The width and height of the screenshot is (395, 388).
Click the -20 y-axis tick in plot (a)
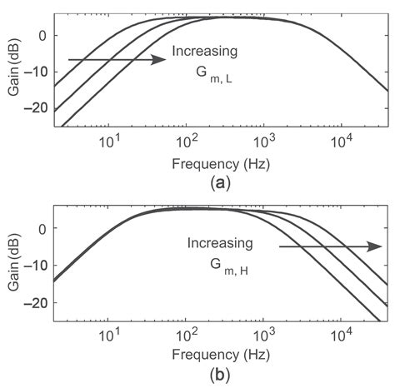click(x=38, y=107)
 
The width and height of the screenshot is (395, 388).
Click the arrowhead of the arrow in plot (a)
click(x=157, y=60)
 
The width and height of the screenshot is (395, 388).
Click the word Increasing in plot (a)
click(x=204, y=52)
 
